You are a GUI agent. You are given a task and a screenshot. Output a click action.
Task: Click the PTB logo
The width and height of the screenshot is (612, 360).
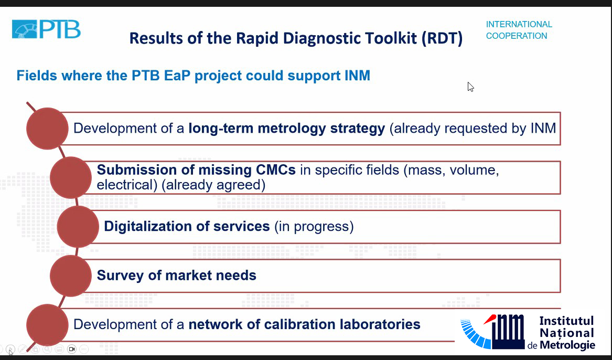(x=47, y=29)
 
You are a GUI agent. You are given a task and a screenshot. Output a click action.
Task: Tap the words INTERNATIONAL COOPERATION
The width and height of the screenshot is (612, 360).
(x=519, y=30)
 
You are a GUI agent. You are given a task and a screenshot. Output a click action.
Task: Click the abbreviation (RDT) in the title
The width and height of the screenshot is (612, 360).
(x=442, y=38)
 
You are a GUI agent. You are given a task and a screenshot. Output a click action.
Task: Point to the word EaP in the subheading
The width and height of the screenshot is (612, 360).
(x=177, y=76)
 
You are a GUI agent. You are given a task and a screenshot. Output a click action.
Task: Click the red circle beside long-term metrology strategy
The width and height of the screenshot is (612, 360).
(x=47, y=129)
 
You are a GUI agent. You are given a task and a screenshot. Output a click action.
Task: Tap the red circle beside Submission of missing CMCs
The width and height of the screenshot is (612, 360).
(x=71, y=178)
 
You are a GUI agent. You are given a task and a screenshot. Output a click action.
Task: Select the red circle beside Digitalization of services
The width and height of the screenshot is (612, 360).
(x=78, y=227)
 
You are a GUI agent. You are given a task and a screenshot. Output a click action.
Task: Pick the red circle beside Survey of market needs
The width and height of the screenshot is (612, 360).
(x=71, y=276)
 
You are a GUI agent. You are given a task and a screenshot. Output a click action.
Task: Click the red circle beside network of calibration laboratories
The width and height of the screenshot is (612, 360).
(x=47, y=325)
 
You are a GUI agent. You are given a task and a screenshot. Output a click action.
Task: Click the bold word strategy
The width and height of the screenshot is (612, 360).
(x=358, y=129)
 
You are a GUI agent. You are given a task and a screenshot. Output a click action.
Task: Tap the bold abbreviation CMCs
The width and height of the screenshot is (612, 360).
(x=275, y=170)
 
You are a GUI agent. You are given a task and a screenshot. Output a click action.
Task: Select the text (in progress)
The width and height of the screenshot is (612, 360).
(x=314, y=227)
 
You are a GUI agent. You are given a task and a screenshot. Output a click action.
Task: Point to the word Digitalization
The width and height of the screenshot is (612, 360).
(x=147, y=227)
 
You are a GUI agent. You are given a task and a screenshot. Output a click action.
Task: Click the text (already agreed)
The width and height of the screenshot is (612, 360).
(x=213, y=185)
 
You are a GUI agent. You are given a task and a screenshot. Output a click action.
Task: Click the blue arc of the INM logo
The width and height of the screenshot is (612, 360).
(x=475, y=334)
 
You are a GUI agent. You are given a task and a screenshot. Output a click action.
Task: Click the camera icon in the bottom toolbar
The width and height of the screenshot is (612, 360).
(x=71, y=349)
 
